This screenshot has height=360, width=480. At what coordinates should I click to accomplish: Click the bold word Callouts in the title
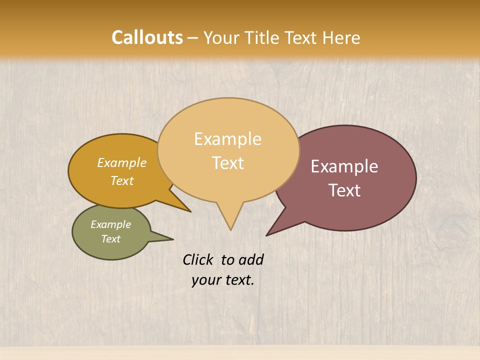[147, 37]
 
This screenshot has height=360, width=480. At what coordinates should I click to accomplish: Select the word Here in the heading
[341, 37]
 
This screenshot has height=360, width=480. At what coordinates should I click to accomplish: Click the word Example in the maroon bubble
[344, 166]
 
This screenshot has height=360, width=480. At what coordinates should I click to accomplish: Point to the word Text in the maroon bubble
[344, 190]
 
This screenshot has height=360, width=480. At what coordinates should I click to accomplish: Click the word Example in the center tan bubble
[228, 139]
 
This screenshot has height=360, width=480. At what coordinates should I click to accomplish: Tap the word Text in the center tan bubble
[228, 163]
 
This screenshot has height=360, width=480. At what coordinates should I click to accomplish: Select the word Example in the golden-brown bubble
[122, 163]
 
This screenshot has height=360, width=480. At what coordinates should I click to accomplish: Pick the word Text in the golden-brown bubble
[122, 180]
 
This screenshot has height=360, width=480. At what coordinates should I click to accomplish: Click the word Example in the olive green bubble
[110, 224]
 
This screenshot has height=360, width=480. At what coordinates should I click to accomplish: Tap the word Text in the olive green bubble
[110, 239]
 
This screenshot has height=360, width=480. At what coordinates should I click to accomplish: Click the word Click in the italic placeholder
[199, 259]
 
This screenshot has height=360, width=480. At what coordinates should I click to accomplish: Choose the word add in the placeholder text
[251, 259]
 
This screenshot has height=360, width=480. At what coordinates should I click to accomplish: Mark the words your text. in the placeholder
[223, 280]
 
